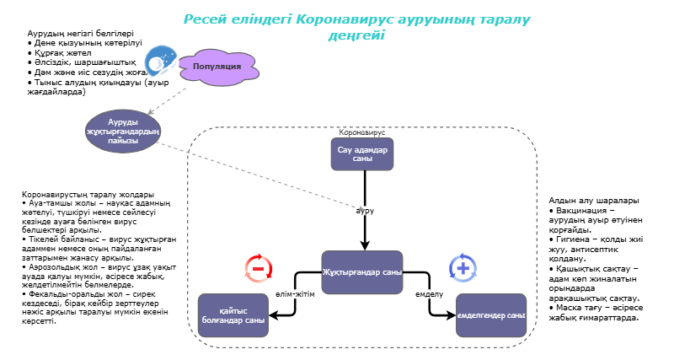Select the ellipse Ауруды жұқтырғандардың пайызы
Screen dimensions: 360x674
tap(122, 131)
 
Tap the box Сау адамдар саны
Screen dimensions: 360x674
tap(361, 154)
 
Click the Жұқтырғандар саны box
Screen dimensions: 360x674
tap(361, 272)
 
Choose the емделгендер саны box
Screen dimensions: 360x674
tap(490, 315)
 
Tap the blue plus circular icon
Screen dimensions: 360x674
tap(463, 268)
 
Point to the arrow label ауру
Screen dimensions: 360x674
tap(364, 209)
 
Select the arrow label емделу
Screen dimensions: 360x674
tap(430, 294)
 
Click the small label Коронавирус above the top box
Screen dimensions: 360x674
tap(361, 132)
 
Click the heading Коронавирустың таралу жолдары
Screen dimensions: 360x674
tap(76, 195)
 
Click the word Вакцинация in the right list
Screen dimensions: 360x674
tap(581, 209)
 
